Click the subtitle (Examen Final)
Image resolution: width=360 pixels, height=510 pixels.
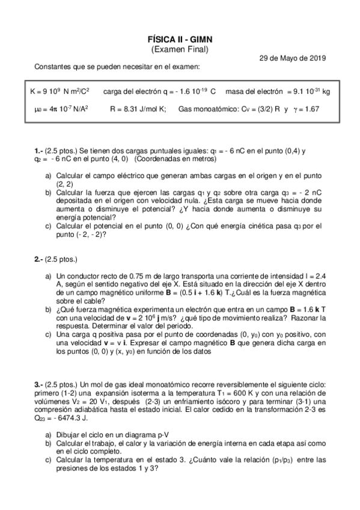coord(180,49)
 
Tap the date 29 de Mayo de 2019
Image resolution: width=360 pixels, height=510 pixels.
coord(292,58)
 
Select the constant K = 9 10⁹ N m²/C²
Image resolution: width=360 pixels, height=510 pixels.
coord(59,91)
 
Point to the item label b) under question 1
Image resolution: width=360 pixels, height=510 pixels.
coord(48,192)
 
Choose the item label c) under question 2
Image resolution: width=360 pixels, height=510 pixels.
coord(48,333)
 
